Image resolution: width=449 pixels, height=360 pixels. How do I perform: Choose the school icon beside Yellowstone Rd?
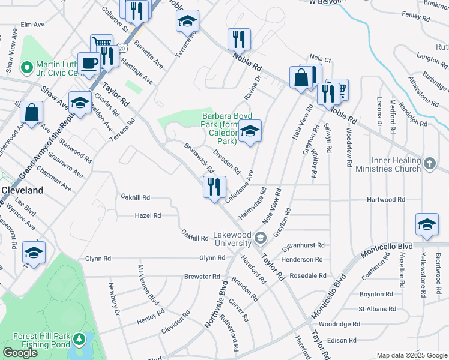point(427,225)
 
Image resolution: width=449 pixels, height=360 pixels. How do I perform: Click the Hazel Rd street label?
point(148,215)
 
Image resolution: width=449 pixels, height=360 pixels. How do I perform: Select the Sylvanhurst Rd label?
point(304,245)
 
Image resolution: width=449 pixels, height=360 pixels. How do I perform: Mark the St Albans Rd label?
point(377,309)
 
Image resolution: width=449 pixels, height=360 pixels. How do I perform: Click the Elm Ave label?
point(32,25)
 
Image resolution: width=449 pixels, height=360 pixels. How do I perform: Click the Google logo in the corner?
point(20,353)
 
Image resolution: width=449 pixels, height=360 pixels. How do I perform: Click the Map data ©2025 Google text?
point(411,355)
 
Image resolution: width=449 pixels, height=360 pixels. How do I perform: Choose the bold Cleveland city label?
point(22,190)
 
